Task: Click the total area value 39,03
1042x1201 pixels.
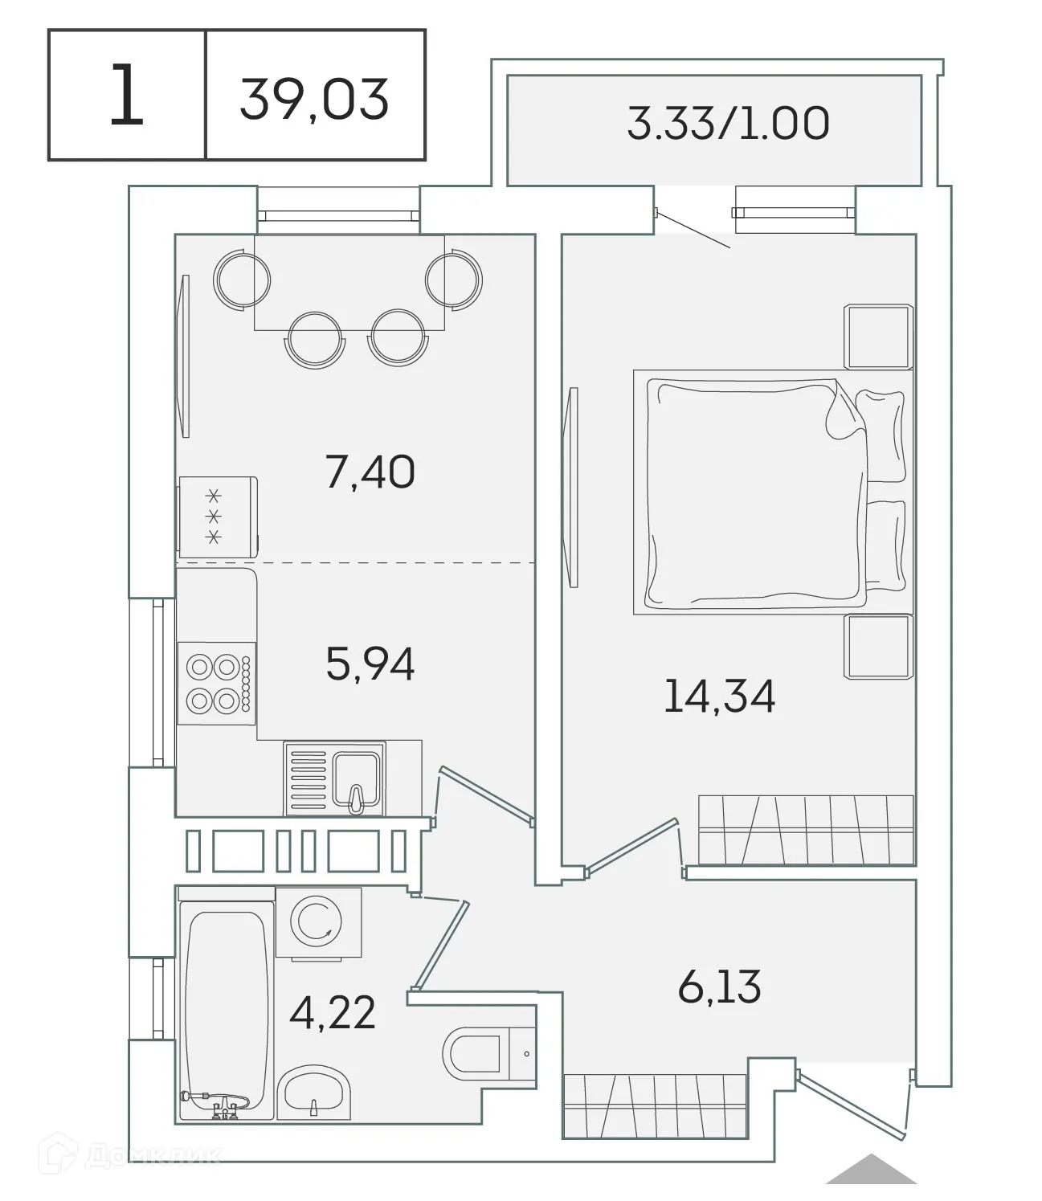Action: pyautogui.click(x=314, y=99)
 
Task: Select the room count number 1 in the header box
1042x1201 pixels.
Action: pyautogui.click(x=126, y=96)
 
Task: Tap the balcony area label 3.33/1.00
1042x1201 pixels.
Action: pyautogui.click(x=727, y=124)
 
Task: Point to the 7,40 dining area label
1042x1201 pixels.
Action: pyautogui.click(x=370, y=472)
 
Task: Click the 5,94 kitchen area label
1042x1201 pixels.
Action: pyautogui.click(x=370, y=664)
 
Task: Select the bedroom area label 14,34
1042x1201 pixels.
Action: pyautogui.click(x=719, y=696)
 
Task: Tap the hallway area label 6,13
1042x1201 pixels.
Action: pyautogui.click(x=719, y=987)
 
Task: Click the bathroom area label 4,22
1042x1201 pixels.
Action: pyautogui.click(x=333, y=1014)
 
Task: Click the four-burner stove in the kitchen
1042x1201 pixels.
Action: pyautogui.click(x=216, y=684)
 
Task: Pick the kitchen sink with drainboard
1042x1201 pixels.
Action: pyautogui.click(x=334, y=778)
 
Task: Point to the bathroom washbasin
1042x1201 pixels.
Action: pyautogui.click(x=313, y=1093)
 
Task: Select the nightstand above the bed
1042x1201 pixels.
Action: pyautogui.click(x=878, y=336)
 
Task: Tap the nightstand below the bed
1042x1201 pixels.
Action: pyautogui.click(x=878, y=647)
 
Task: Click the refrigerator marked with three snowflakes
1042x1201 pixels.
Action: pyautogui.click(x=218, y=517)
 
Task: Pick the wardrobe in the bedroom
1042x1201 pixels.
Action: pyautogui.click(x=806, y=830)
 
